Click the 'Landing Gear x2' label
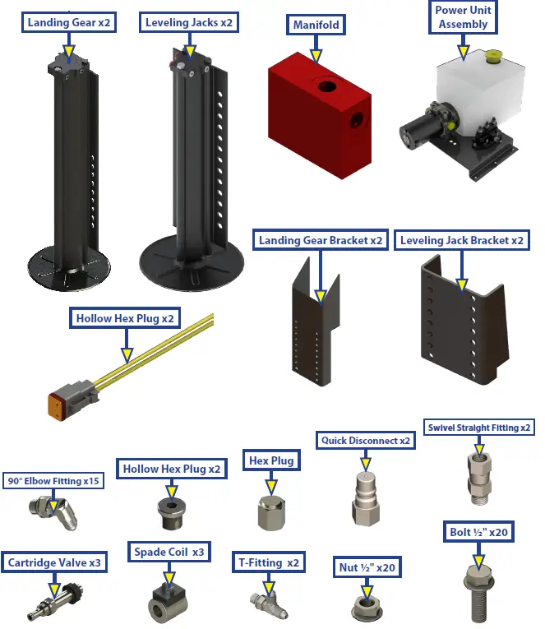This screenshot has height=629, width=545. point(69,22)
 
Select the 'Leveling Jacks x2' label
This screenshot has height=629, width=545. point(188,22)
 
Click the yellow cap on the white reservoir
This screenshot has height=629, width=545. point(493,58)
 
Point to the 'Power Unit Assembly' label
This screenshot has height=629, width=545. point(464,17)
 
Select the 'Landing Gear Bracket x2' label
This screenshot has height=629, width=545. point(320,241)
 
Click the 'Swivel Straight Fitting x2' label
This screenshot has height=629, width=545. point(479,428)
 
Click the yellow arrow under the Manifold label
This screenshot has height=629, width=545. point(316,55)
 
